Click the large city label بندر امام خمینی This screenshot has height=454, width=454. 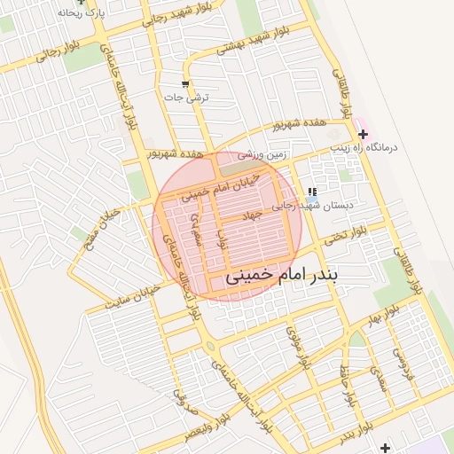(x=283, y=276)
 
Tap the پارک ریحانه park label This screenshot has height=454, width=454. (x=83, y=13)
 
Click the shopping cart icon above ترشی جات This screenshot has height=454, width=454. (x=184, y=85)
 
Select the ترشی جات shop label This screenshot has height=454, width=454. (x=192, y=98)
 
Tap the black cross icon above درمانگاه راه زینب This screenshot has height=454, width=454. (x=364, y=134)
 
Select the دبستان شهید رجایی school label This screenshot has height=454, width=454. (x=325, y=205)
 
